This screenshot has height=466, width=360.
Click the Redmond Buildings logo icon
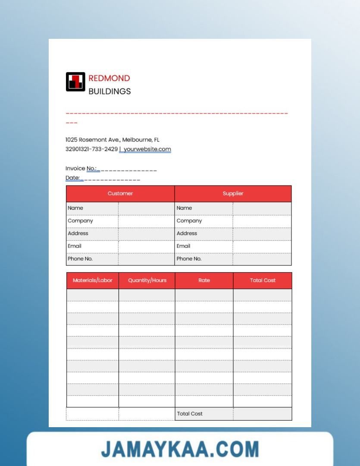(x=75, y=82)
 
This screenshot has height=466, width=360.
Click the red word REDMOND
(x=109, y=78)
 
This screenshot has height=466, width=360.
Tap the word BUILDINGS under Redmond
(x=110, y=91)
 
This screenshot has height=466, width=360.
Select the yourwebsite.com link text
(x=147, y=149)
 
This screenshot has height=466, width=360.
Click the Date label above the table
(x=72, y=178)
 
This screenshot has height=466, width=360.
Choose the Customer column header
(x=120, y=193)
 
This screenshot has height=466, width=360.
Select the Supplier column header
(x=233, y=193)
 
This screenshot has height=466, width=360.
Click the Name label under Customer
(x=75, y=208)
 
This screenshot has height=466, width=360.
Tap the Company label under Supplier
(x=189, y=220)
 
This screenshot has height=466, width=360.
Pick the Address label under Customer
(x=78, y=233)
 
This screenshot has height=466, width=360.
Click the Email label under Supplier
(x=183, y=246)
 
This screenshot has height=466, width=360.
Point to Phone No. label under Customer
(x=80, y=259)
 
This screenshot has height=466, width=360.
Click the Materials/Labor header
(x=92, y=280)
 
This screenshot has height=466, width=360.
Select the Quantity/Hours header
(x=147, y=280)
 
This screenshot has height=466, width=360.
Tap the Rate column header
(x=204, y=280)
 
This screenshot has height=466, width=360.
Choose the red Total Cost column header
(x=263, y=280)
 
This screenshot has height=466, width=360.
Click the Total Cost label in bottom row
(x=190, y=414)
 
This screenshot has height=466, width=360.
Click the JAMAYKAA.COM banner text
(x=180, y=449)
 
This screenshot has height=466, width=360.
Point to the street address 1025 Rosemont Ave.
(x=93, y=140)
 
